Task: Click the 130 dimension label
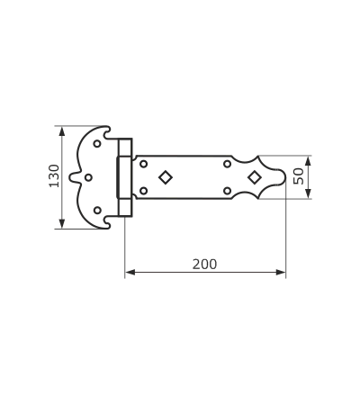click(54, 175)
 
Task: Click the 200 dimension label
click(204, 265)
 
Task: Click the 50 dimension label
click(299, 176)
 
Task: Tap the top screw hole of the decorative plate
click(97, 144)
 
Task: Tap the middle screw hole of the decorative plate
click(88, 177)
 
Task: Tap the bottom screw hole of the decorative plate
click(97, 211)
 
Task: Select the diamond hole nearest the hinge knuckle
click(166, 177)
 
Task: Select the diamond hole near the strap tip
click(255, 177)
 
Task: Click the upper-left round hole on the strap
click(144, 164)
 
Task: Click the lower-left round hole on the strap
click(144, 191)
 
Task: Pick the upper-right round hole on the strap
click(227, 164)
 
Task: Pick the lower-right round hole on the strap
click(227, 191)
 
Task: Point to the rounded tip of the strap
click(285, 177)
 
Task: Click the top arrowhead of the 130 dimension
click(62, 130)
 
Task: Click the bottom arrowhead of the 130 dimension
click(62, 224)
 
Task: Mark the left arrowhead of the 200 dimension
click(130, 272)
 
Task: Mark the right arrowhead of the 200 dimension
click(281, 272)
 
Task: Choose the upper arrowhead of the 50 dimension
click(308, 160)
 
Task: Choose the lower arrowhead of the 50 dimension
click(308, 193)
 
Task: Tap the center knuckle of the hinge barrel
click(124, 177)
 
